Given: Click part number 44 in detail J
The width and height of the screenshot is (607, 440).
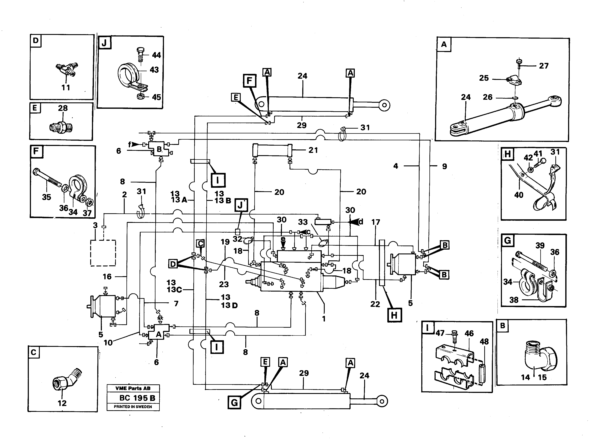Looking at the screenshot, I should [x=156, y=55].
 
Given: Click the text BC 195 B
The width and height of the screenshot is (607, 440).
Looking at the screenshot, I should [x=137, y=398].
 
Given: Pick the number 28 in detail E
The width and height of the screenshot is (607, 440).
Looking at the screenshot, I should [x=63, y=108].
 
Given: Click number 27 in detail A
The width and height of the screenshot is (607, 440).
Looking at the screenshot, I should [x=544, y=66].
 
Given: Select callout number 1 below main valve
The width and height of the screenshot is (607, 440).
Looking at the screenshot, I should [x=324, y=319].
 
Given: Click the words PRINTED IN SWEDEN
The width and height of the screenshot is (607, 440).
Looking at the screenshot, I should [x=133, y=407].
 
